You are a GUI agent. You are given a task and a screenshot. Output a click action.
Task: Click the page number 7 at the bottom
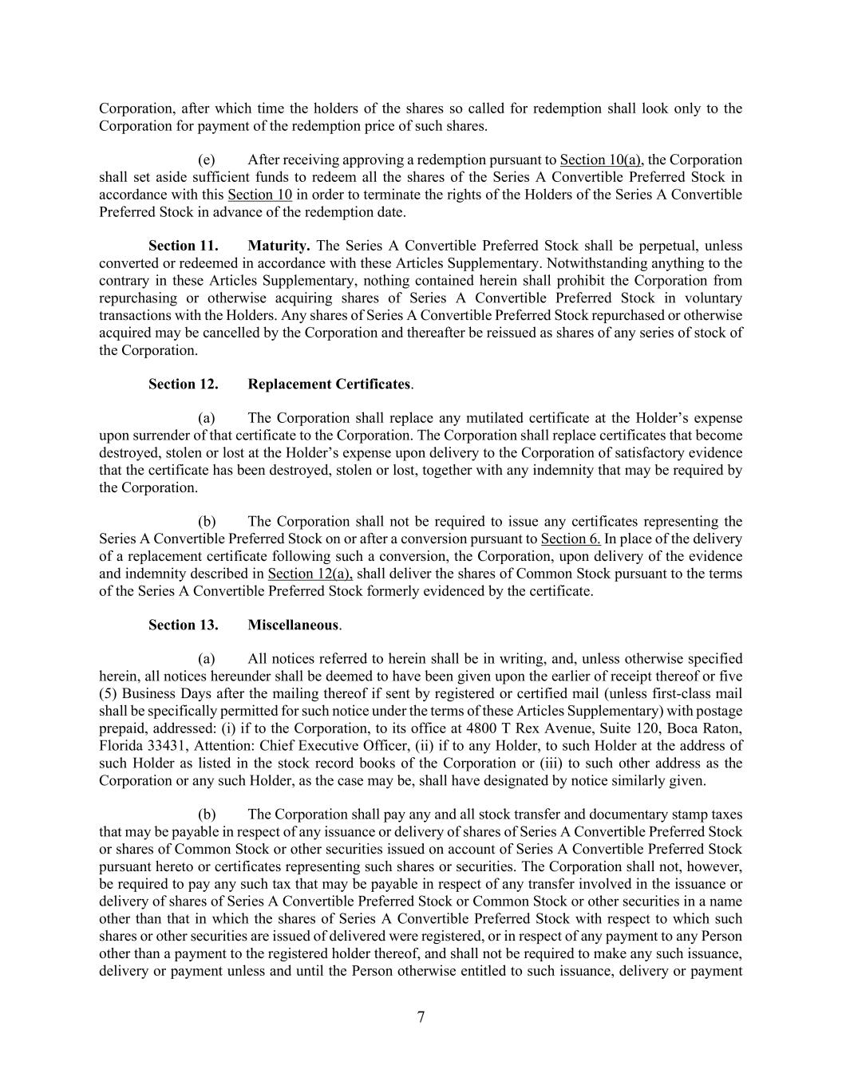[x=421, y=1017]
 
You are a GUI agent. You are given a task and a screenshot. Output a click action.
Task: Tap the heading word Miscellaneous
[x=294, y=625]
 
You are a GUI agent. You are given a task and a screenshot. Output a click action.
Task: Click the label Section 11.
[x=183, y=246]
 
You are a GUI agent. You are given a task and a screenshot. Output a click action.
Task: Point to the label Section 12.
[x=183, y=385]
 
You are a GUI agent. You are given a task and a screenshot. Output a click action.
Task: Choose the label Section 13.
[x=183, y=625]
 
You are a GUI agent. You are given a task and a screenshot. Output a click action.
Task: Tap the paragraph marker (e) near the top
[x=206, y=160]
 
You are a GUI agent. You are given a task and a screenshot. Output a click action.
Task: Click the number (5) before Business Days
[x=109, y=694]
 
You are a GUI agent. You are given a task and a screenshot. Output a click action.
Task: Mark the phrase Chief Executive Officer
[x=330, y=746]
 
